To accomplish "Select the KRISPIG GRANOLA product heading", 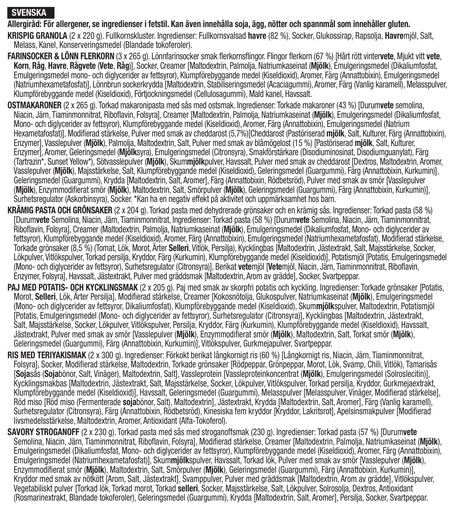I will [x=37, y=36].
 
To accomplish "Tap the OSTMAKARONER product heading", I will [x=35, y=105].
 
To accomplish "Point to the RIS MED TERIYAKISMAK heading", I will [x=47, y=355].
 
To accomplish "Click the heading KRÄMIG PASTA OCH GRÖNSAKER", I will [x=60, y=210].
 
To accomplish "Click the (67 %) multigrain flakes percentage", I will [x=323, y=57].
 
